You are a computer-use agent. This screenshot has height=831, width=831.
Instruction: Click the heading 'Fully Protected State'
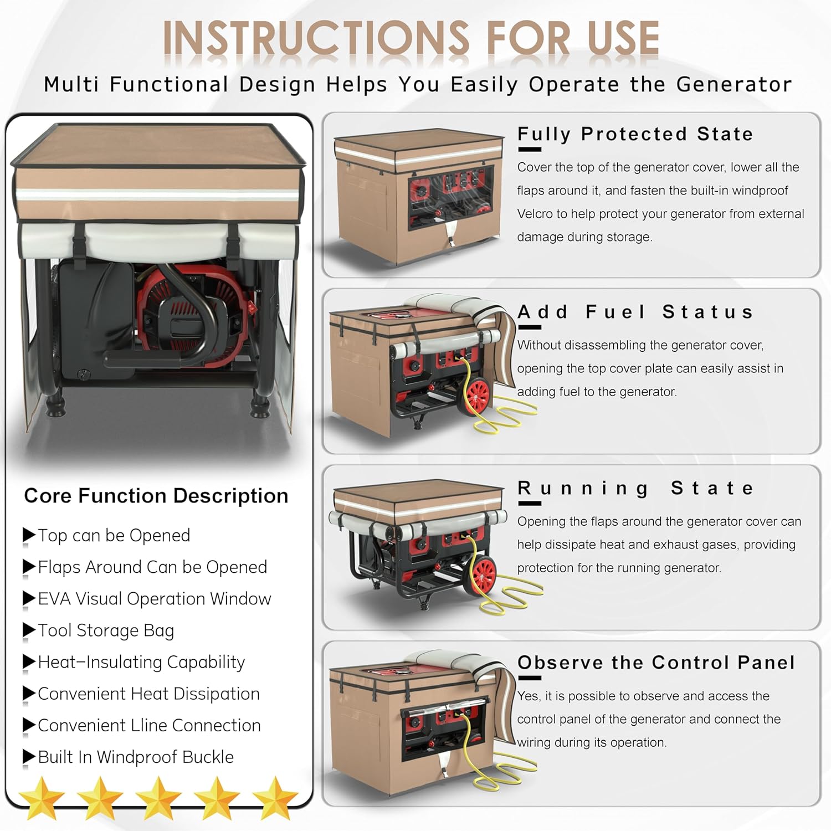tap(635, 134)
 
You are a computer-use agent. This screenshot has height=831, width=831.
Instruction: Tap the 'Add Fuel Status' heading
tap(635, 312)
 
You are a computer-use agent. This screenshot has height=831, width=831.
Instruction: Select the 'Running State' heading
tap(635, 489)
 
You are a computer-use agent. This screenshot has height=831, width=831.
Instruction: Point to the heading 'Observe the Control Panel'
tap(656, 663)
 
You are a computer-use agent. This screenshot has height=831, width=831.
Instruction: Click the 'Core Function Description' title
tap(156, 496)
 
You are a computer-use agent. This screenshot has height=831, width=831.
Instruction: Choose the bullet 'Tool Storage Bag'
tap(106, 630)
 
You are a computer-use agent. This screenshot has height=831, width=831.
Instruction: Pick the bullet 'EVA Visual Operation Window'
tap(155, 599)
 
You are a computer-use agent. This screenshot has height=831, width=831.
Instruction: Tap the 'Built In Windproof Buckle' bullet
tap(136, 757)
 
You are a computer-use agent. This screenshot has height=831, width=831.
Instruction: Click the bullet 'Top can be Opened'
tap(114, 536)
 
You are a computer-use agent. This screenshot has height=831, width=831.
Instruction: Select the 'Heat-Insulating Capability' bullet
tap(141, 662)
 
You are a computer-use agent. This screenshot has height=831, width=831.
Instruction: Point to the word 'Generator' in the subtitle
tap(733, 85)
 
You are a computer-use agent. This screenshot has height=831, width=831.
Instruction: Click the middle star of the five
tap(158, 798)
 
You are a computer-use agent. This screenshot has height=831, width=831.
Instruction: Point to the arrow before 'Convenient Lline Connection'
tap(29, 726)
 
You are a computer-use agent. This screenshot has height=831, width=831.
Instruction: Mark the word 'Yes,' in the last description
tap(529, 696)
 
